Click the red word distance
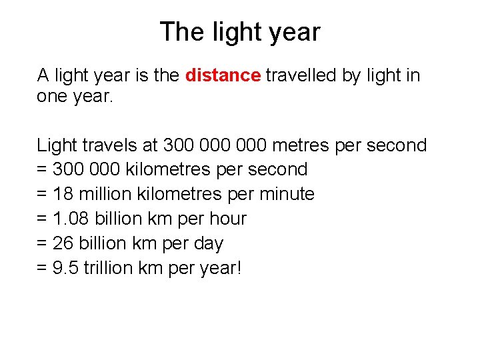[223, 75]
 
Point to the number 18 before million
[63, 194]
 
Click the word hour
[229, 219]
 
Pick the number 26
[63, 243]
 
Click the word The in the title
[177, 31]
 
